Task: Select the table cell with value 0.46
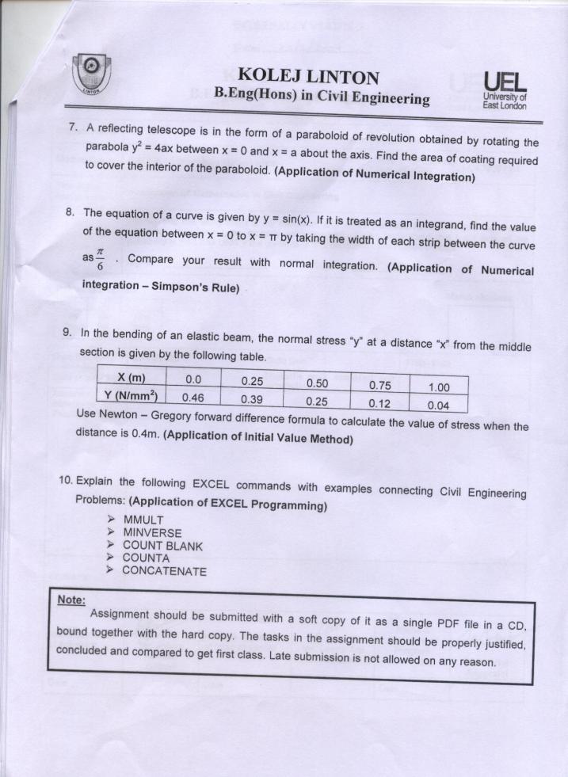[x=193, y=398]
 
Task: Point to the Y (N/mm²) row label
[x=132, y=397]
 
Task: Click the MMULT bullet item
[x=144, y=520]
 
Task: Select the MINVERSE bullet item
[x=152, y=533]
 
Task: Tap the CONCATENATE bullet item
[x=164, y=571]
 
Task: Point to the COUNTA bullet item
[x=146, y=558]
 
